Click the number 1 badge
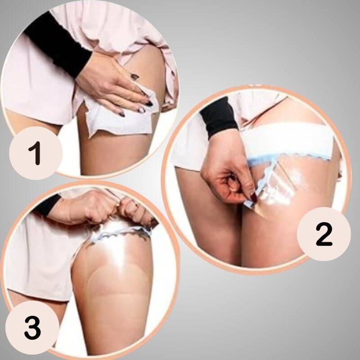pos(36,153)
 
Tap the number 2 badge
pos(324,234)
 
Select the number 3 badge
pos(32,328)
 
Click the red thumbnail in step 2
pos(254,197)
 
